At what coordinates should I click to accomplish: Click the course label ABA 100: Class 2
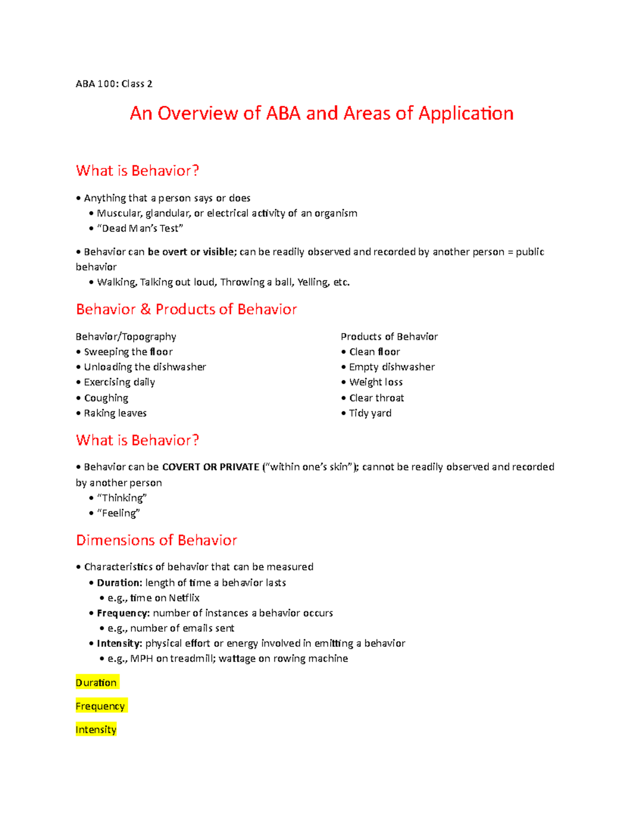click(114, 84)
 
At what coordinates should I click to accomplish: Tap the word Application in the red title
click(465, 113)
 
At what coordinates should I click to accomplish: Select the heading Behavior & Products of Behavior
click(186, 309)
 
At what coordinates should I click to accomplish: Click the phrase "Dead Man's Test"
click(140, 228)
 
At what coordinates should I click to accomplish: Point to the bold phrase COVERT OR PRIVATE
click(210, 467)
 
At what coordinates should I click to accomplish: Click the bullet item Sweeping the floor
click(128, 352)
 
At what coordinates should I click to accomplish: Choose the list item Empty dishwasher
click(391, 367)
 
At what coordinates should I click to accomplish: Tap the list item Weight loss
click(376, 382)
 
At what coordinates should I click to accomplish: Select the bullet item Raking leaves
click(115, 413)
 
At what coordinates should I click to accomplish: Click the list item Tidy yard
click(370, 413)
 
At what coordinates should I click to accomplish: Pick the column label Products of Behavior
click(389, 337)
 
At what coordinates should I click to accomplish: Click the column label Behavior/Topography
click(126, 337)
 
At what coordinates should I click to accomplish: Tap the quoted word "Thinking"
click(122, 498)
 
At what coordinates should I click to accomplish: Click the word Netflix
click(184, 598)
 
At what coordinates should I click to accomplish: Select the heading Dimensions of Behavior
click(156, 540)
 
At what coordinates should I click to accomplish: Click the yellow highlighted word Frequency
click(100, 706)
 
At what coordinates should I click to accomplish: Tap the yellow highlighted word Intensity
click(96, 730)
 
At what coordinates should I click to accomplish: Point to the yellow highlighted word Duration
click(96, 683)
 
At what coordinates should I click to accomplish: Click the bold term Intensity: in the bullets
click(119, 644)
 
